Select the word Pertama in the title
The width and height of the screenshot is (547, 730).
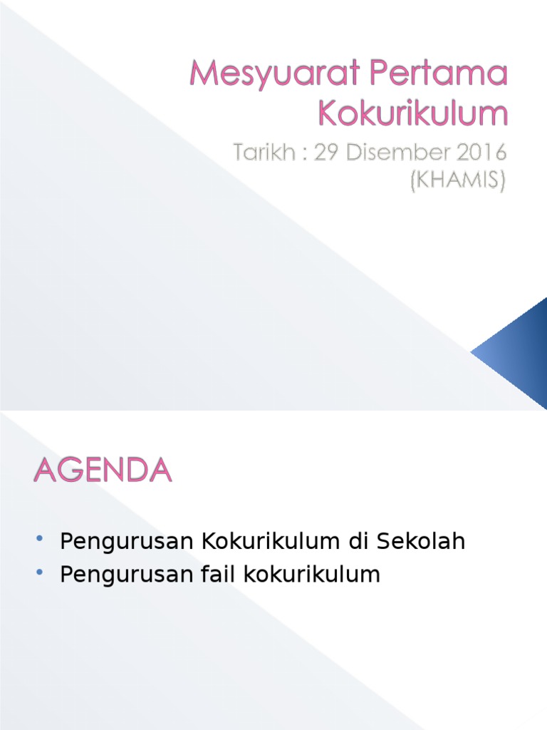(x=442, y=75)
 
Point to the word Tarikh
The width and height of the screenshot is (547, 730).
(x=259, y=153)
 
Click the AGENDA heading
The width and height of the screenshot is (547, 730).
(x=103, y=472)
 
